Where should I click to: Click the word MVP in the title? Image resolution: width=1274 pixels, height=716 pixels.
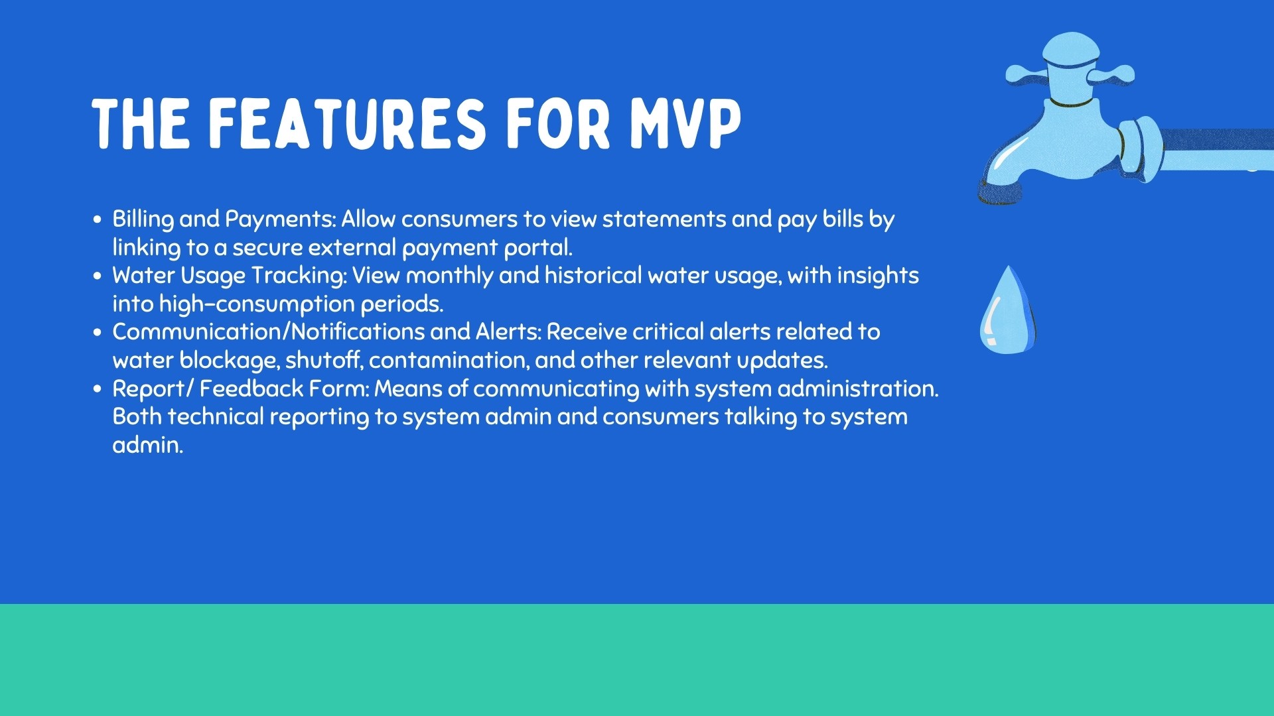(x=685, y=124)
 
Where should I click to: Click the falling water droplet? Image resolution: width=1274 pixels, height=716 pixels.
(x=1008, y=310)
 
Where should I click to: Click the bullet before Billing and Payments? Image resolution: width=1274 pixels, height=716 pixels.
(x=98, y=219)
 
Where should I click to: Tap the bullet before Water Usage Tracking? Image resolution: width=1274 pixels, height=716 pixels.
(x=98, y=275)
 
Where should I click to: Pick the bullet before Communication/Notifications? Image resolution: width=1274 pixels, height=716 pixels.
(x=98, y=331)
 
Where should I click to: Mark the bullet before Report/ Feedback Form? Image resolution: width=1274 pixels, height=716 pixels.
(x=98, y=388)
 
